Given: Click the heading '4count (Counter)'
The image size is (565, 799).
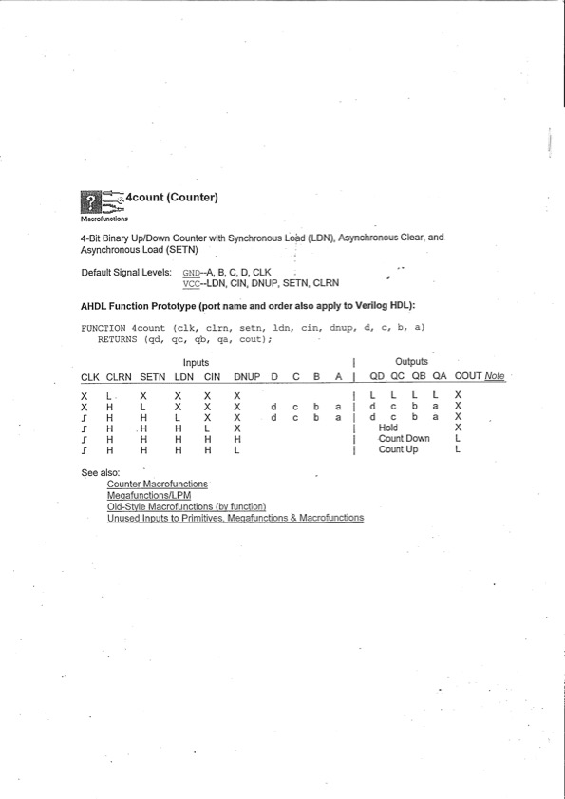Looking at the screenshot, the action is point(173,198).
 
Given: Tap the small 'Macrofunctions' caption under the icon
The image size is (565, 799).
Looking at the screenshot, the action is point(105,219).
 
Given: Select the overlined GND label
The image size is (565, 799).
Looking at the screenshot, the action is point(191,272).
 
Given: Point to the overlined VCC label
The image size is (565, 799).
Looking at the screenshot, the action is point(191,283).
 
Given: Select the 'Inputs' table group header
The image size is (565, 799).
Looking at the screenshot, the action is point(196,362).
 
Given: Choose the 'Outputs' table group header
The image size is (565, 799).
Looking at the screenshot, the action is point(411,362).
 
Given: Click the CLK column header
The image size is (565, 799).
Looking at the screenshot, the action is point(90,377).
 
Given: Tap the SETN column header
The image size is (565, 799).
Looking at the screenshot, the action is point(152,377).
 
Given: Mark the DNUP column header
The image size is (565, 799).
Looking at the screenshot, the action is point(247,377).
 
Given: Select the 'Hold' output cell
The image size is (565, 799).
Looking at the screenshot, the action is point(388,428).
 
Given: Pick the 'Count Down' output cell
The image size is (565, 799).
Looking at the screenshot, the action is point(404,439).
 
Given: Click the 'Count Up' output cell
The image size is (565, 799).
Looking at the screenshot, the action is point(398,450).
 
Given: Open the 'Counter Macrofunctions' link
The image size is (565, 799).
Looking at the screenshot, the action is point(158,485).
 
